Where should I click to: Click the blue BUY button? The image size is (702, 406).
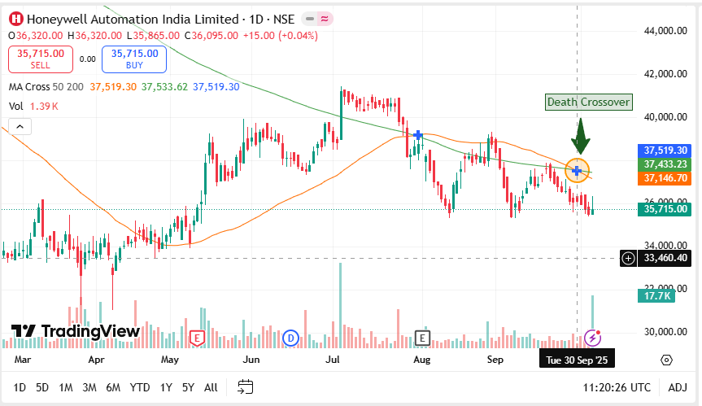133,59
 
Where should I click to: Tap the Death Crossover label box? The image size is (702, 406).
588,102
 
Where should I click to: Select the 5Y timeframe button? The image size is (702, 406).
188,387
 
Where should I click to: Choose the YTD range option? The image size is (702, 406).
140,387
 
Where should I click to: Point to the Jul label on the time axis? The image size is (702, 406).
333,359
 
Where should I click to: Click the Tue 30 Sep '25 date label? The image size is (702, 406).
577,359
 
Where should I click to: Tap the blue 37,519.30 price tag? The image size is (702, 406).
666,151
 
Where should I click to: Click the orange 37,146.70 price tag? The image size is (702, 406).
666,177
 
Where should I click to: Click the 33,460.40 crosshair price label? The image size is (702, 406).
666,258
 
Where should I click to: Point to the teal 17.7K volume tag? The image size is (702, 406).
656,297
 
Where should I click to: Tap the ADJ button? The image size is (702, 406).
678,387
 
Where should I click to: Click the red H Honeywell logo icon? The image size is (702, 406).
15,19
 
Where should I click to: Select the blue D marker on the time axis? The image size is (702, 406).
290,337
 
